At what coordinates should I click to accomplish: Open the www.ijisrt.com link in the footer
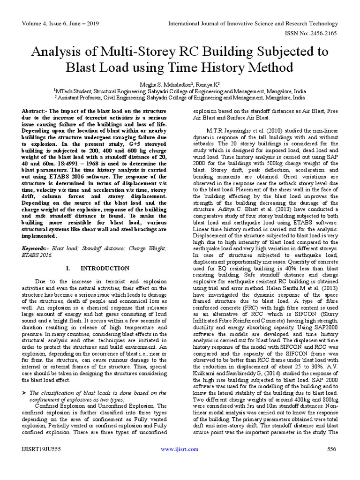click(x=180, y=462)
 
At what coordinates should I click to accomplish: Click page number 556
click(x=330, y=462)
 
